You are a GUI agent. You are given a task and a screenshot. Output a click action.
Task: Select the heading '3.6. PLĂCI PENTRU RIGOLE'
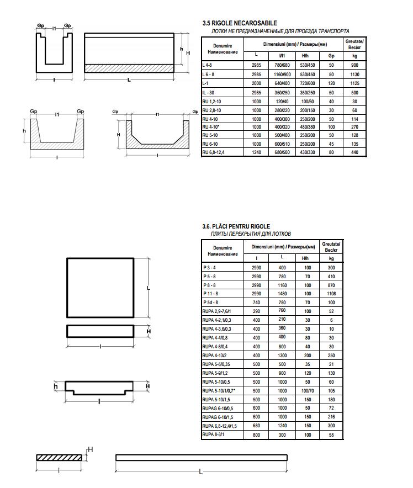coord(236,226)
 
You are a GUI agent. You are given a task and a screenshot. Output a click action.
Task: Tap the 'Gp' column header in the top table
coord(331,55)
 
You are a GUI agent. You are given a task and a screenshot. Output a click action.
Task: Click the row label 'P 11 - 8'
coord(210,294)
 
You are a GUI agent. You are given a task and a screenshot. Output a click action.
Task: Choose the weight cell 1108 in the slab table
coord(331,294)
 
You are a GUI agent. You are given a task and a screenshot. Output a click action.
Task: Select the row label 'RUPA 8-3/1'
coord(214,434)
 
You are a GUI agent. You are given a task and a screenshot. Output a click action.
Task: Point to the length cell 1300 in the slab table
coord(282,356)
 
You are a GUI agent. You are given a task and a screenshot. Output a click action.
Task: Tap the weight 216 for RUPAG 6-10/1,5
coord(331,417)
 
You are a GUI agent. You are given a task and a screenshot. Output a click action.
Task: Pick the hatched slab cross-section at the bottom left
coord(59,458)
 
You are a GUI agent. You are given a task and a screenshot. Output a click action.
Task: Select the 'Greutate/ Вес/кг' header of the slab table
coord(331,246)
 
